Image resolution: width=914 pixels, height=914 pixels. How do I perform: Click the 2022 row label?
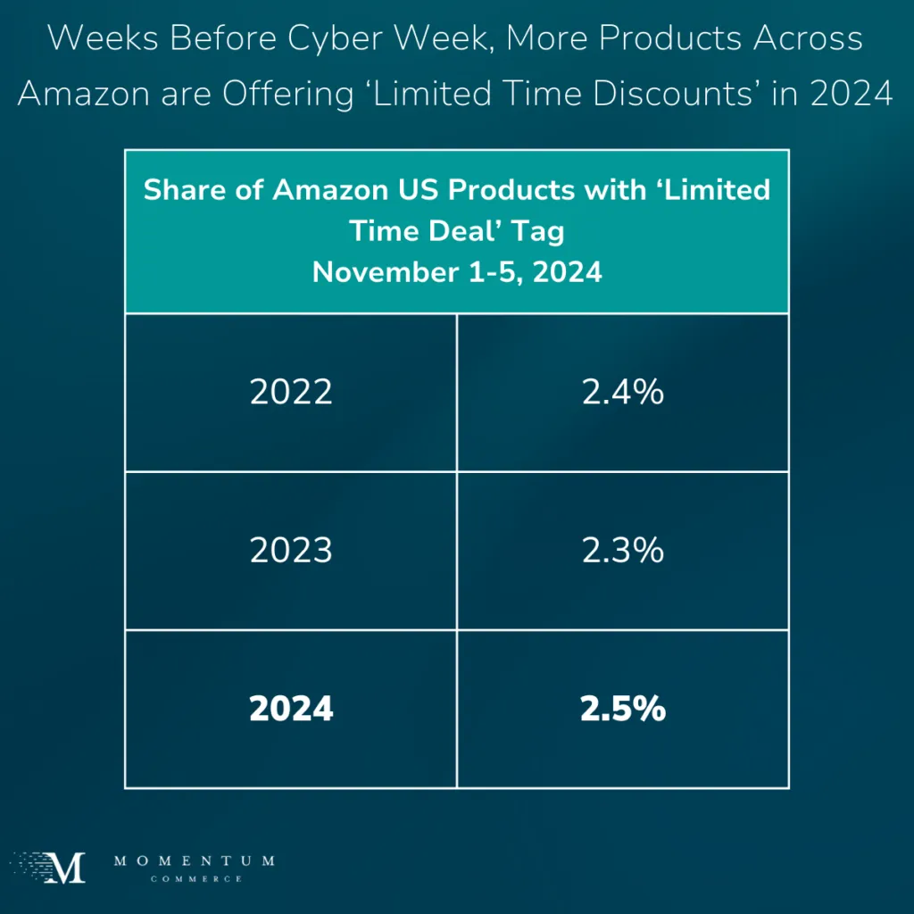tap(291, 393)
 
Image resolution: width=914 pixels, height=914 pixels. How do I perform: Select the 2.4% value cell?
tap(623, 393)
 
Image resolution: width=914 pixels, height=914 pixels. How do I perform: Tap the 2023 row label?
tap(291, 551)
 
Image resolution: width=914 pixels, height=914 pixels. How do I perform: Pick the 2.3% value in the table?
tap(623, 551)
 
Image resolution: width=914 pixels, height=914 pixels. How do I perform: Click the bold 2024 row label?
tap(291, 710)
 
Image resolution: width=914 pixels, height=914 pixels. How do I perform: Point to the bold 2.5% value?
tap(623, 710)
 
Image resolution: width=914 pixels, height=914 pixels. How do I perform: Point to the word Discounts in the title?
tap(679, 94)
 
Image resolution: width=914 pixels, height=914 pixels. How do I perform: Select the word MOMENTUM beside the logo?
tap(195, 861)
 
